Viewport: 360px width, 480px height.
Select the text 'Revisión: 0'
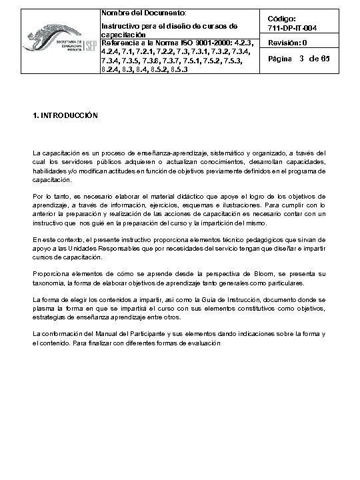coord(287,43)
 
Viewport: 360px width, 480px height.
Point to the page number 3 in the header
coord(302,59)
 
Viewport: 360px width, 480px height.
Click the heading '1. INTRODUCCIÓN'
coord(65,115)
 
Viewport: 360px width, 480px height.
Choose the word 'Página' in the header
coord(280,60)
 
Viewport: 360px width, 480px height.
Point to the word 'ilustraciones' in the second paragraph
coord(245,205)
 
